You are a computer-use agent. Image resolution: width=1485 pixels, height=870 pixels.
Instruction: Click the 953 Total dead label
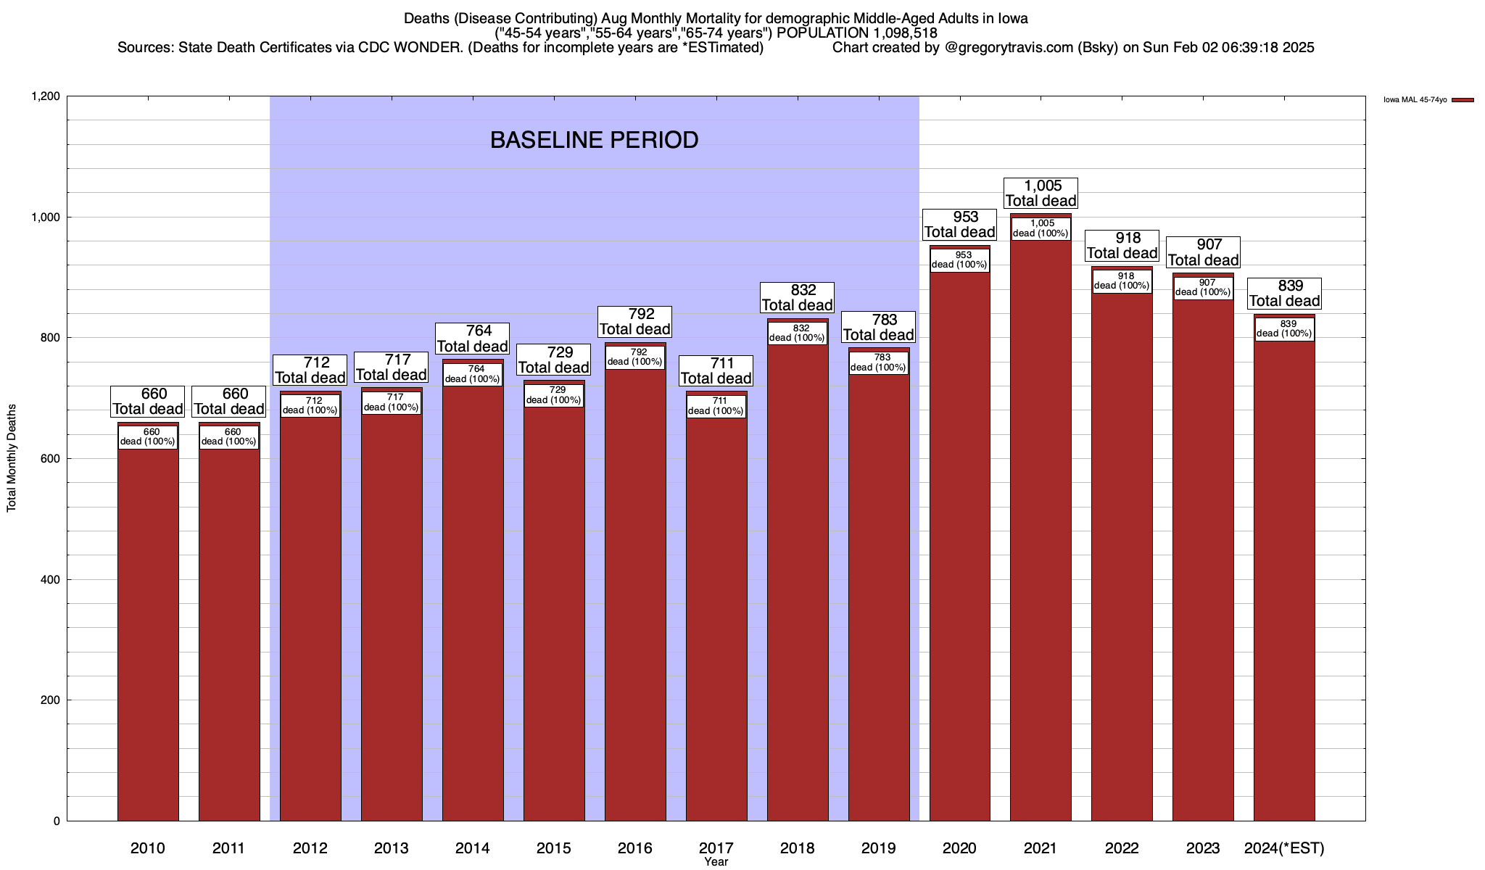click(x=959, y=225)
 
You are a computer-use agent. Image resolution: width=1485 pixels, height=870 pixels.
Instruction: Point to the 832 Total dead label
click(x=797, y=298)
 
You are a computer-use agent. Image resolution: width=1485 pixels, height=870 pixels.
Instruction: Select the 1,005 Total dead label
click(x=1041, y=194)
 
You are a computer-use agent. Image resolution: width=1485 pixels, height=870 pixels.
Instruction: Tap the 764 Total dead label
click(x=472, y=339)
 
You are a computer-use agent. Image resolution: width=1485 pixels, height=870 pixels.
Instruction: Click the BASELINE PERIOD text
click(x=594, y=140)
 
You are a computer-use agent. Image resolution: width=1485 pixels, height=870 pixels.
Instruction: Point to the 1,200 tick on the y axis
click(x=45, y=96)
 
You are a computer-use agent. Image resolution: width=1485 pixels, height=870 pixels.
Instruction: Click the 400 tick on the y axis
click(x=50, y=580)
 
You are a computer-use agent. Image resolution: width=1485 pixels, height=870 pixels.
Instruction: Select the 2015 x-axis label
click(x=553, y=848)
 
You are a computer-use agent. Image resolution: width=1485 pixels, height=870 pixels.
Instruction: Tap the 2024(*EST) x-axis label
click(x=1284, y=848)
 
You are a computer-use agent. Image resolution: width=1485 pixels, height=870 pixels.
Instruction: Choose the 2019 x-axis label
click(x=878, y=848)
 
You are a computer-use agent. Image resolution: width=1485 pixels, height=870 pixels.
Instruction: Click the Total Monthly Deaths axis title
click(x=12, y=458)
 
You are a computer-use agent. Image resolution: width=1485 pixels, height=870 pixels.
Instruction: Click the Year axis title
click(x=716, y=862)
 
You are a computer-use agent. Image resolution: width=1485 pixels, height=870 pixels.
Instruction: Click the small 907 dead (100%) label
click(x=1203, y=288)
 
